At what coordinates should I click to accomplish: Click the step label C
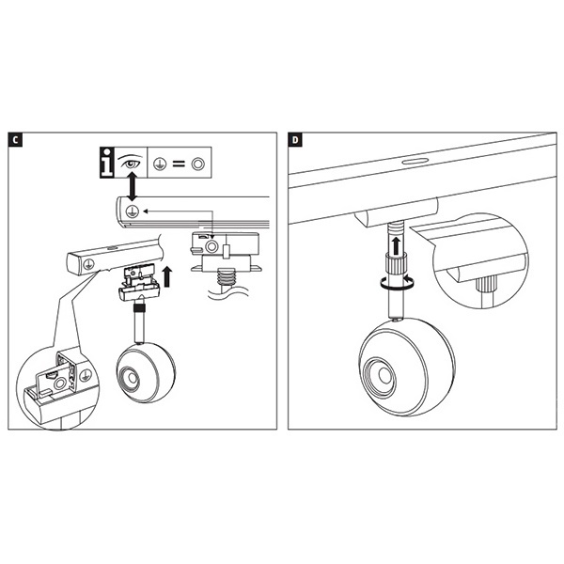coord(16,141)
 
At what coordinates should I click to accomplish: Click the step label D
coord(297,141)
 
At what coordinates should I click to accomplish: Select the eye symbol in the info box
coord(133,163)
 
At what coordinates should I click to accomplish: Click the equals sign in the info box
coord(177,164)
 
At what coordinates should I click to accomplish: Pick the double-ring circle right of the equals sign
coord(197,164)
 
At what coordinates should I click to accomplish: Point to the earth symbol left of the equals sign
coord(159,164)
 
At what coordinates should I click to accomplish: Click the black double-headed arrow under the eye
coord(133,186)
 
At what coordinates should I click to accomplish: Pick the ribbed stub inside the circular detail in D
coord(488,283)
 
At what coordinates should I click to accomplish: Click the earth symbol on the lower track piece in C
coord(87,265)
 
